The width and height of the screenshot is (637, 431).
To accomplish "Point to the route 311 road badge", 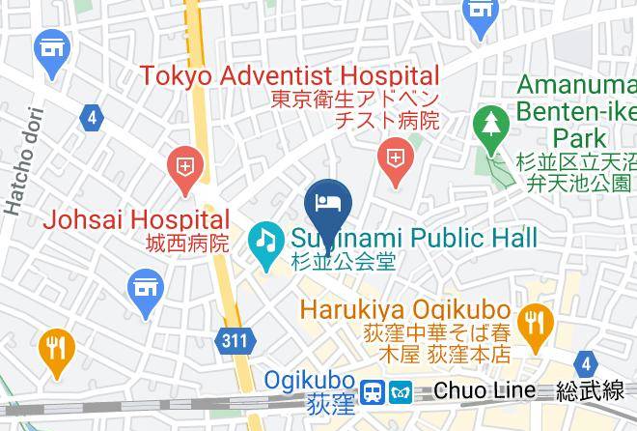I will pos(233,341).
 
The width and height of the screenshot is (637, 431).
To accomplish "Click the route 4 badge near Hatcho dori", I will pos(92,118).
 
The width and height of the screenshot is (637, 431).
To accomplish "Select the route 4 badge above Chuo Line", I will pos(585,363).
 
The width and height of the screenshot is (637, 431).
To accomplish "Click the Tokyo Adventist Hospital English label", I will pos(290,75).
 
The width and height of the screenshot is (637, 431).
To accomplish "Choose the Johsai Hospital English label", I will pos(136,220).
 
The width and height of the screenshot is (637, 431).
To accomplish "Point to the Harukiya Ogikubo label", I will pos(405,310).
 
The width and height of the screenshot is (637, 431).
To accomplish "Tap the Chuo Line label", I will pos(484,390).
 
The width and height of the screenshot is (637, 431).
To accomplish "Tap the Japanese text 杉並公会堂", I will pos(344,262).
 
